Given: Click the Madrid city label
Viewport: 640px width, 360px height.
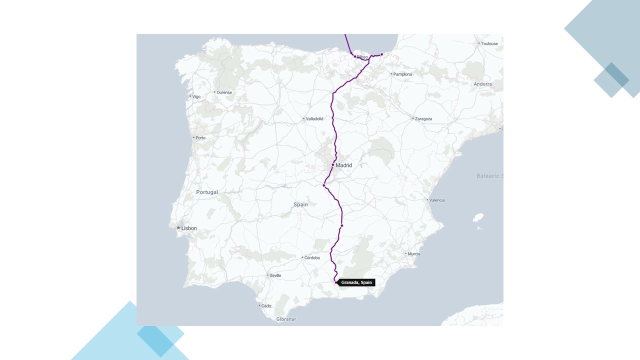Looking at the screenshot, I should [x=343, y=165].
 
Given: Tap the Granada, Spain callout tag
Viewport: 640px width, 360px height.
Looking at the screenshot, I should [x=356, y=282].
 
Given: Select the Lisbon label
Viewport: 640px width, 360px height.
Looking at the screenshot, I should [x=188, y=228].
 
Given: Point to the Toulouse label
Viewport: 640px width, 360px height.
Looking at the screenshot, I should [x=489, y=44].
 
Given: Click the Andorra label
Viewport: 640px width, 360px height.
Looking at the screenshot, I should [x=482, y=84].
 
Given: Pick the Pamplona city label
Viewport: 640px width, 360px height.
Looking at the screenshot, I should [x=402, y=74].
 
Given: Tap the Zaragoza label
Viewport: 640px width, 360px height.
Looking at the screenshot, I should [x=423, y=119].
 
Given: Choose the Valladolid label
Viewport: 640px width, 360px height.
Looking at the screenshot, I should [x=314, y=119].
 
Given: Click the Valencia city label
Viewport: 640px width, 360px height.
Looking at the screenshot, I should [x=436, y=200].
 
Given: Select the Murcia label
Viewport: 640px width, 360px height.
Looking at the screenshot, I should [x=413, y=254].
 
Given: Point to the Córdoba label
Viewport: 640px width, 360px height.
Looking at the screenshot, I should [x=312, y=258].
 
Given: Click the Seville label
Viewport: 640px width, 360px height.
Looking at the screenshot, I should [x=275, y=275].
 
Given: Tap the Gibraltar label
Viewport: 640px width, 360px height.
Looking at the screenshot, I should [x=286, y=319].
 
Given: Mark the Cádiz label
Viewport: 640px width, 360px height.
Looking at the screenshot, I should [x=266, y=306].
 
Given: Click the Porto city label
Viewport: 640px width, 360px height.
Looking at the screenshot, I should [x=200, y=138].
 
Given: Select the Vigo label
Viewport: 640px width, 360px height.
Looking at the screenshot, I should [x=196, y=96].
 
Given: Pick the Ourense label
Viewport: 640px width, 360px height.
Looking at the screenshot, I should [x=224, y=92].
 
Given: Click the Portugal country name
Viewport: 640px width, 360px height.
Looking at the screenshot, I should [x=207, y=192].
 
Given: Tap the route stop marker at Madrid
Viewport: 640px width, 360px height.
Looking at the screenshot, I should [x=332, y=164].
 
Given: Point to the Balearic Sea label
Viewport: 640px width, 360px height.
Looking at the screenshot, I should [x=489, y=176].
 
